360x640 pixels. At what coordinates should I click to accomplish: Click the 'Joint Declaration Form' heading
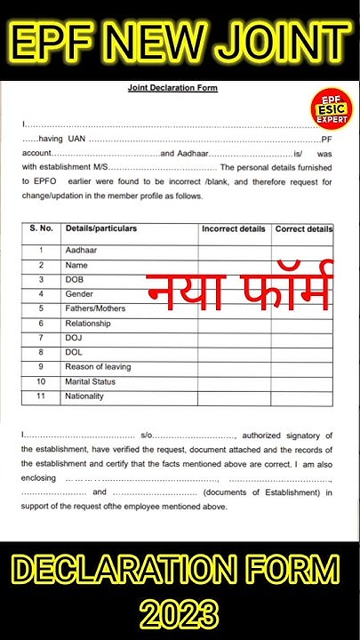click(x=172, y=88)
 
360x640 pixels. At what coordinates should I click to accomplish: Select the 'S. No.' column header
click(x=41, y=229)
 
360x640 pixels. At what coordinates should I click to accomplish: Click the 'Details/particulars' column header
click(x=101, y=229)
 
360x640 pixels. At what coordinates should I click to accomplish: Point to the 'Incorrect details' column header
click(x=234, y=229)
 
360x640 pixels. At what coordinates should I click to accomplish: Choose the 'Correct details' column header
click(x=304, y=229)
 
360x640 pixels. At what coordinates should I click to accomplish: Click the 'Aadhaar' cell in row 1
click(x=80, y=251)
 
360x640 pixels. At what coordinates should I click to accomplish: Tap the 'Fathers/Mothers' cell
click(x=95, y=308)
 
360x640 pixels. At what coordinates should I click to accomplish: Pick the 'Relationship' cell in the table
click(x=88, y=324)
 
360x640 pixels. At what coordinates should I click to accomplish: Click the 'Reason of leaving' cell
click(x=98, y=367)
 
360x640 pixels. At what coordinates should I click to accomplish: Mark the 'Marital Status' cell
click(x=91, y=382)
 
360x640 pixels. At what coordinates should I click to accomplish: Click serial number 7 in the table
click(x=41, y=338)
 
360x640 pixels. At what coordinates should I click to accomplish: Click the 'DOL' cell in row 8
click(x=74, y=353)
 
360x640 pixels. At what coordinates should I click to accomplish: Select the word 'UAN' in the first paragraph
click(x=76, y=140)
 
